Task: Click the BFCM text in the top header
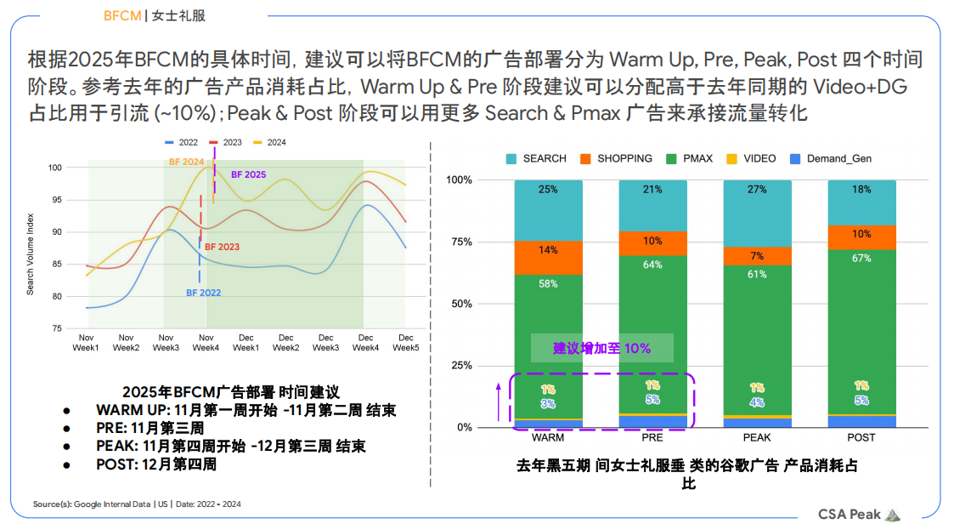(121, 15)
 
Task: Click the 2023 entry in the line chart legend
(231, 142)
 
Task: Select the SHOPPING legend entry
(624, 158)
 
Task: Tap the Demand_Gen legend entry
(838, 158)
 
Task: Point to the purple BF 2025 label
(248, 174)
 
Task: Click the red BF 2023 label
(222, 247)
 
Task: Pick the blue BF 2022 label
(203, 293)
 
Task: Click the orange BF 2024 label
(186, 161)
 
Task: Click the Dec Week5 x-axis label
(405, 342)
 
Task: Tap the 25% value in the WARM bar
(548, 190)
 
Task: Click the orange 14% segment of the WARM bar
(548, 250)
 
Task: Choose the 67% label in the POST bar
(861, 259)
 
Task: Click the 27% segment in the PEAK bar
(757, 190)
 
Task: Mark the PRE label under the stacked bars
(652, 437)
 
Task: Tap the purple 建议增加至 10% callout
(601, 348)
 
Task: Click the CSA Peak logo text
(850, 514)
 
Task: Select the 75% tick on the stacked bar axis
(460, 242)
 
